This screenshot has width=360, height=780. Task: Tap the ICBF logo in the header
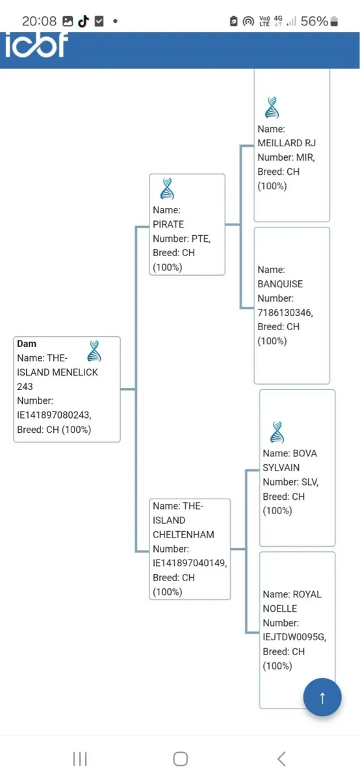pyautogui.click(x=36, y=45)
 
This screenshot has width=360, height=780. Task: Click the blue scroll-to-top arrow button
pyautogui.click(x=322, y=697)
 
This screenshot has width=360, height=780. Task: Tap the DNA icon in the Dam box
pyautogui.click(x=94, y=351)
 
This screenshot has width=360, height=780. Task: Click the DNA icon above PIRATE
pyautogui.click(x=167, y=188)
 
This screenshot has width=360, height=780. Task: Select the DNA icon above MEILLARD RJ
pyautogui.click(x=272, y=108)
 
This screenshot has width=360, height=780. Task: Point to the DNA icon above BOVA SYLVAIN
pyautogui.click(x=277, y=432)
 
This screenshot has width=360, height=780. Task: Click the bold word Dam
pyautogui.click(x=27, y=344)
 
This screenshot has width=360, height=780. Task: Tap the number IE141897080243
pyautogui.click(x=54, y=415)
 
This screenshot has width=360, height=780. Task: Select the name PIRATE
pyautogui.click(x=168, y=224)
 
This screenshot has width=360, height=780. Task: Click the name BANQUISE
pyautogui.click(x=280, y=284)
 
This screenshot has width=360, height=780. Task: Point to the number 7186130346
pyautogui.click(x=285, y=313)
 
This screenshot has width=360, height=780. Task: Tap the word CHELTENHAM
pyautogui.click(x=183, y=534)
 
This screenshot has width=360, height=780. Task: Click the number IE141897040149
pyautogui.click(x=190, y=563)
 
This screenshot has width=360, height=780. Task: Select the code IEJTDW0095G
pyautogui.click(x=294, y=637)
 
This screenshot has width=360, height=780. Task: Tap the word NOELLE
pyautogui.click(x=280, y=608)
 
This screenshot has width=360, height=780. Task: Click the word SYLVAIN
pyautogui.click(x=281, y=467)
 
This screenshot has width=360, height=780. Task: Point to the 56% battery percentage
pyautogui.click(x=315, y=21)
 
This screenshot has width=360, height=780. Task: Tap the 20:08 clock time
pyautogui.click(x=39, y=21)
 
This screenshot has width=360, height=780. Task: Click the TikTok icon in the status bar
pyautogui.click(x=84, y=21)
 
